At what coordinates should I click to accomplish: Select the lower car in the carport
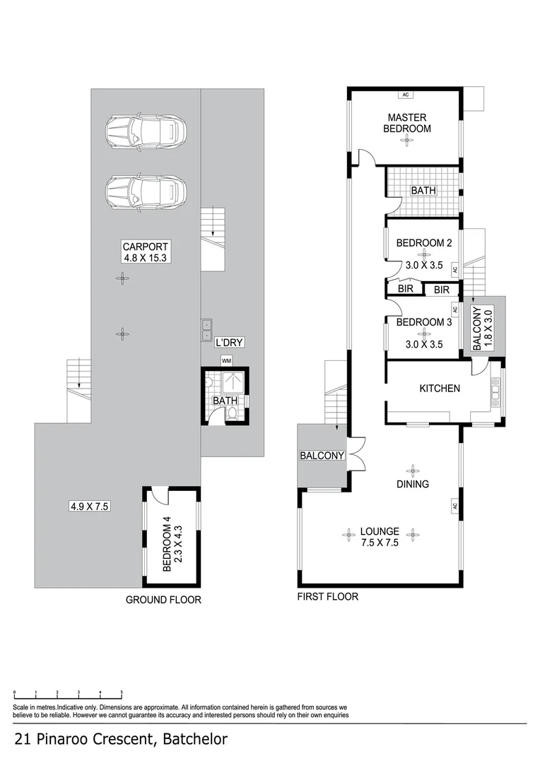click(x=146, y=191)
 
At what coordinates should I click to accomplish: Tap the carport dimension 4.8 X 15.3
click(x=144, y=258)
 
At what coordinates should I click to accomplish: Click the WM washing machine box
click(x=226, y=360)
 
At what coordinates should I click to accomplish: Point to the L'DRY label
click(x=230, y=343)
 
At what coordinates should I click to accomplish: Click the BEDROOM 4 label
click(x=168, y=545)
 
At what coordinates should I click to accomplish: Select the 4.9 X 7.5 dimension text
click(x=87, y=506)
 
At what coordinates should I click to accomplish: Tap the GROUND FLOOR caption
click(x=163, y=600)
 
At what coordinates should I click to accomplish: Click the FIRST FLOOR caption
click(x=327, y=596)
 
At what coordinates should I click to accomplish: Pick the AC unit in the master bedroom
click(x=406, y=95)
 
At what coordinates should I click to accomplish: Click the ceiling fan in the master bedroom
click(x=406, y=141)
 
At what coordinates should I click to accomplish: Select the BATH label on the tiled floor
click(x=423, y=191)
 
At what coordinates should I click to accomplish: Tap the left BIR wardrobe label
click(x=405, y=290)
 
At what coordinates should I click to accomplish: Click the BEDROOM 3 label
click(x=423, y=322)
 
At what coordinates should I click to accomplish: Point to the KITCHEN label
click(x=440, y=389)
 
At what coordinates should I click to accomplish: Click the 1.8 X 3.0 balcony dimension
click(x=488, y=329)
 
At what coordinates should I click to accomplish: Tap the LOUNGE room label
click(x=380, y=531)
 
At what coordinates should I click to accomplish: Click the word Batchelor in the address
click(x=195, y=740)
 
